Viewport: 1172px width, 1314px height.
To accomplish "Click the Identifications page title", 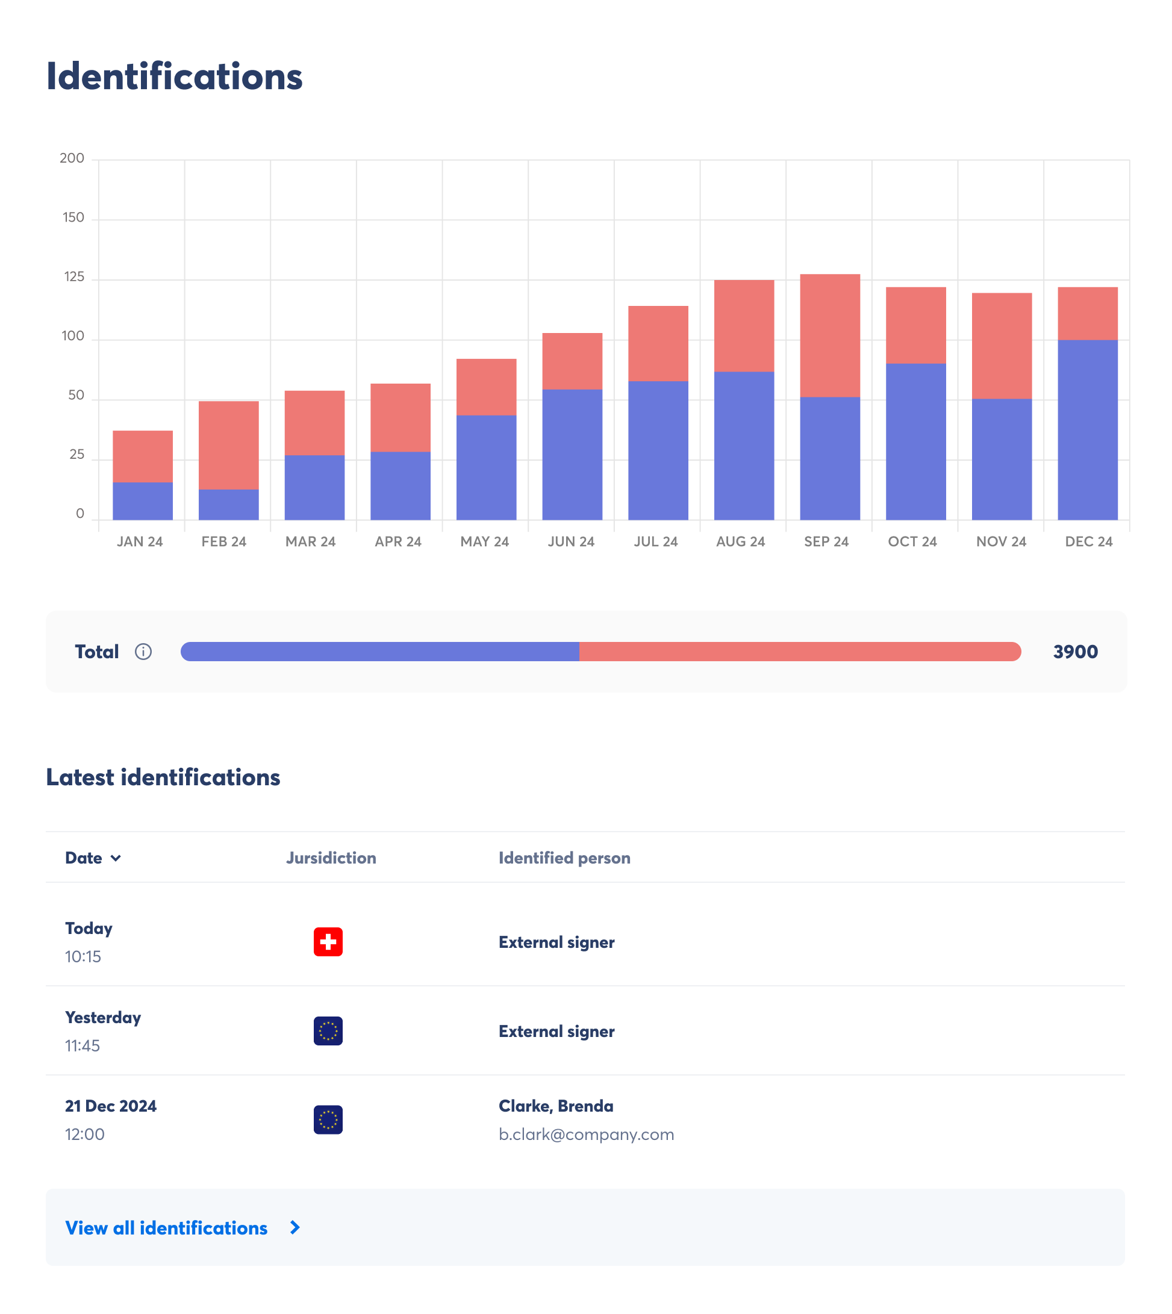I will (x=174, y=76).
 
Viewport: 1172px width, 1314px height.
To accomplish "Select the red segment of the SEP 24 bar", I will (x=829, y=335).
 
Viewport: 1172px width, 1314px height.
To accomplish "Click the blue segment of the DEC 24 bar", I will (x=1087, y=429).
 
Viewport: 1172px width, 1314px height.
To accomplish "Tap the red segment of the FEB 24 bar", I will (x=229, y=444).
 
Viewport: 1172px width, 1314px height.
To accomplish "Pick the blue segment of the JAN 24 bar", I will (x=142, y=500).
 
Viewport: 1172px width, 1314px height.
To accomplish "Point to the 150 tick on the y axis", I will (x=73, y=217).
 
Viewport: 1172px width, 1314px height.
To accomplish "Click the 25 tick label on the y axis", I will (x=76, y=455).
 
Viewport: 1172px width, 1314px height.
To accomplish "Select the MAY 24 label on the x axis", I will (x=484, y=541).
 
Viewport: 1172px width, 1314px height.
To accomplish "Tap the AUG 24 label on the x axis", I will (x=740, y=541).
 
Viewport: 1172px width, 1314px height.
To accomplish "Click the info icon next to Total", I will (x=143, y=652).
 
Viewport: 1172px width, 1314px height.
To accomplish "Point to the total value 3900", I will (x=1075, y=652).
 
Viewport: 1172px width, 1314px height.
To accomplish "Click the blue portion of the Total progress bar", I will (x=380, y=652).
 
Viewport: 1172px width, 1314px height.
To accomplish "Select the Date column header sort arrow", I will (x=116, y=858).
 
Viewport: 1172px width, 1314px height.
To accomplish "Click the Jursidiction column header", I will (x=331, y=858).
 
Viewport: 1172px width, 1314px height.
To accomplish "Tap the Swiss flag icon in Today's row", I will (x=328, y=942).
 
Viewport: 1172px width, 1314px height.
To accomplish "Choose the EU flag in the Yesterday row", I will (x=328, y=1031).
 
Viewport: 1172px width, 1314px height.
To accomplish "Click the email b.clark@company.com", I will (x=586, y=1135).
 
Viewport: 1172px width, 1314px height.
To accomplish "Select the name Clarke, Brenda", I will (x=556, y=1106).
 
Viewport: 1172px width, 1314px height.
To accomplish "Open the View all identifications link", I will (x=167, y=1228).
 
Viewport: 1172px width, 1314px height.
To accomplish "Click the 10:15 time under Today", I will (x=83, y=957).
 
